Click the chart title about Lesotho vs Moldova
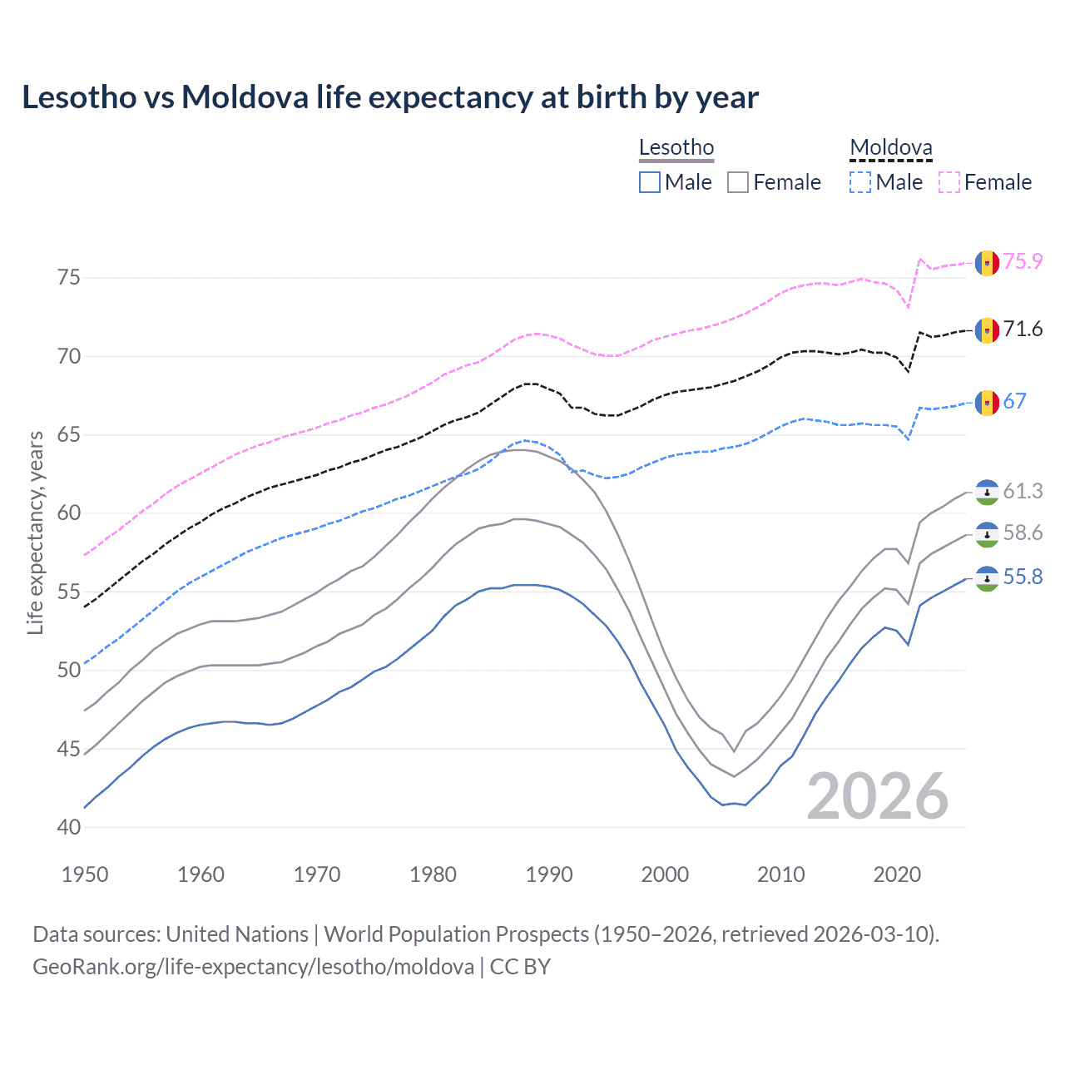[x=389, y=97]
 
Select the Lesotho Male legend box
[x=650, y=182]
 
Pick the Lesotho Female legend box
[x=738, y=182]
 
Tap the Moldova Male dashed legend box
[x=860, y=182]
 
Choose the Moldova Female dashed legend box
[x=949, y=182]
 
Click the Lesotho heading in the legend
[x=676, y=148]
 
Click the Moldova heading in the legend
[x=890, y=148]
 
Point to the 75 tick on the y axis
[x=69, y=277]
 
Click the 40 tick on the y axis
[x=69, y=827]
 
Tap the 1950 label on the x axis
[x=85, y=874]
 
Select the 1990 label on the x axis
[x=549, y=874]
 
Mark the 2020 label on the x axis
[x=897, y=874]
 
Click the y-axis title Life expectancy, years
[x=35, y=532]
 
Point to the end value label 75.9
[x=1023, y=261]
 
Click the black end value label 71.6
[x=1023, y=329]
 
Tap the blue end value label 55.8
[x=1023, y=577]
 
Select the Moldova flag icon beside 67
[x=987, y=403]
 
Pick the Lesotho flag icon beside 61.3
[x=987, y=493]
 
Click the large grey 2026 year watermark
[x=877, y=797]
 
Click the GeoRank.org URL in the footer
[x=253, y=967]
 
